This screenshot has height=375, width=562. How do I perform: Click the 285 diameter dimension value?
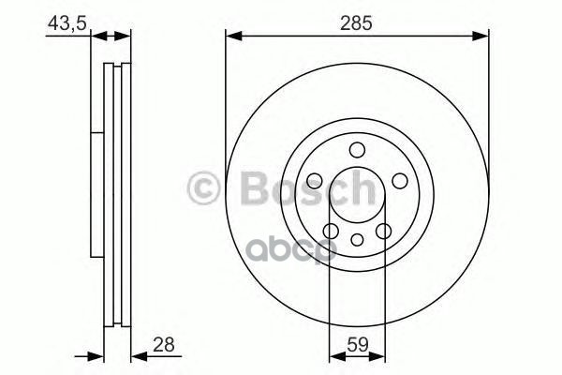coord(358,23)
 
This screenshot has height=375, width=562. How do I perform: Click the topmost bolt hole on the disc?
coord(357,150)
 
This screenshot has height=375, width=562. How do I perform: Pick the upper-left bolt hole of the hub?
coord(316,181)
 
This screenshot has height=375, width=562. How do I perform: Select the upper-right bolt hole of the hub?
coord(399,181)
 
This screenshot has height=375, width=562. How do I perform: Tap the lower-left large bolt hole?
coord(331,231)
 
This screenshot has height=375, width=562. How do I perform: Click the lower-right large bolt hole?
coord(383,231)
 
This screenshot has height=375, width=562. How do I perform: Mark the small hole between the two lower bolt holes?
coord(357,240)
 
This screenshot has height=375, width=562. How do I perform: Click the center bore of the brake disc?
coord(357,197)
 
